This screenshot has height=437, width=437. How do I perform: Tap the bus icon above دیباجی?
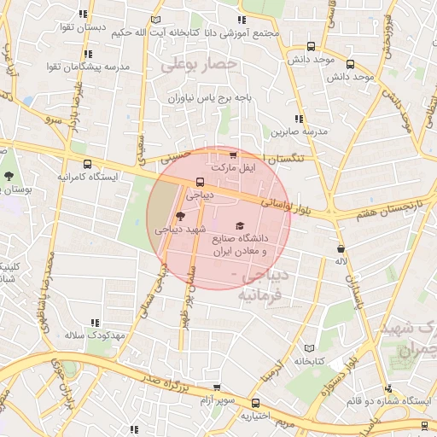click(200, 182)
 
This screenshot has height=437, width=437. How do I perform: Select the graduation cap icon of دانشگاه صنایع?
click(238, 224)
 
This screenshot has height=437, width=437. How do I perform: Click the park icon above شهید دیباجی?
click(179, 216)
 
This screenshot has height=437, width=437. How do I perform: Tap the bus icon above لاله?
click(341, 248)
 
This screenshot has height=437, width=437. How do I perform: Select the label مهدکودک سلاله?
click(95, 335)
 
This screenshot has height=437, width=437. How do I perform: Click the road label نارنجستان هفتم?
click(382, 207)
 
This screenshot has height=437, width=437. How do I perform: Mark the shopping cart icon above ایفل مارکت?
click(233, 155)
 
